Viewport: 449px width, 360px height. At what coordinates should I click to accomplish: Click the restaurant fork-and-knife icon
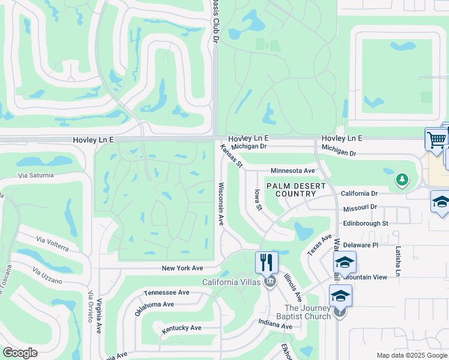(267, 262)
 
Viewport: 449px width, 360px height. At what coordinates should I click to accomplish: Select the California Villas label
(231, 282)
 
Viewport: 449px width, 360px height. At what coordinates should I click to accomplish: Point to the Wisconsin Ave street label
(221, 204)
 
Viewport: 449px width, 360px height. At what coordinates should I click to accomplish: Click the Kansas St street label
(231, 155)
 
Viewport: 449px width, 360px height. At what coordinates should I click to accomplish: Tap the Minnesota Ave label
(293, 171)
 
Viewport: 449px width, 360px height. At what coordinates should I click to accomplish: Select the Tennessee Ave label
(167, 292)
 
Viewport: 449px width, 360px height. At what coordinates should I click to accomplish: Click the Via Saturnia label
(36, 175)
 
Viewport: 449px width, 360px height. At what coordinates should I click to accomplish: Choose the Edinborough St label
(366, 223)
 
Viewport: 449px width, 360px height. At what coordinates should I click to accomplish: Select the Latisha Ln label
(397, 261)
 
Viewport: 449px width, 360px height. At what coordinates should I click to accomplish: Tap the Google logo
(20, 353)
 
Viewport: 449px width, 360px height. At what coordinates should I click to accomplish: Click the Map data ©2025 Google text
(411, 355)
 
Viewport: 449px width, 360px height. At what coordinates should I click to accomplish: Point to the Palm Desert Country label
(291, 190)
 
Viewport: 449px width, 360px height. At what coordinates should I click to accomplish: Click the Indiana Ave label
(276, 326)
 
